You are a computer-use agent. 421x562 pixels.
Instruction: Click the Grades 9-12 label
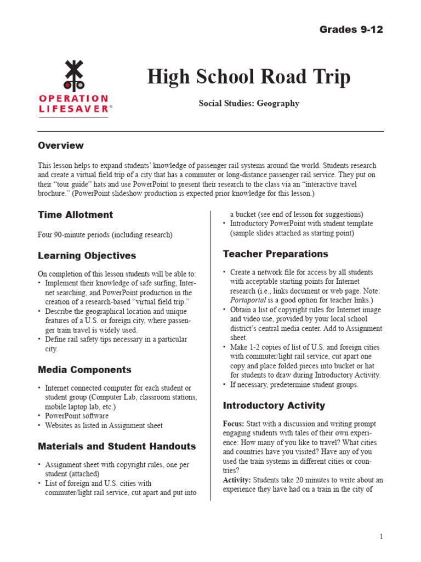click(x=351, y=30)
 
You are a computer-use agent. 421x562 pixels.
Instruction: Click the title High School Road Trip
click(x=248, y=77)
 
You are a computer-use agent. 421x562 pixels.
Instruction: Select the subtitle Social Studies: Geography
click(x=248, y=103)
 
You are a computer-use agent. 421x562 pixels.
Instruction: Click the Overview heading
click(x=61, y=145)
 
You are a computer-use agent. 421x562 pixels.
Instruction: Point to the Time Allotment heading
click(x=75, y=215)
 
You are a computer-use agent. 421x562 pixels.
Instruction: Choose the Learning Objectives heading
click(x=87, y=256)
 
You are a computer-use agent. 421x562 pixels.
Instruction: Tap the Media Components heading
click(x=84, y=370)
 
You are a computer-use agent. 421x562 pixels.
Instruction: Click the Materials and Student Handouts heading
click(x=117, y=446)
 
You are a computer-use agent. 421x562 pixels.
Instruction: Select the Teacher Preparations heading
click(x=275, y=254)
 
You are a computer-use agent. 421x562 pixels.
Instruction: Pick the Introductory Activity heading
click(x=274, y=406)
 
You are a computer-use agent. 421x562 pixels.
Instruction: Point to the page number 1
click(x=381, y=536)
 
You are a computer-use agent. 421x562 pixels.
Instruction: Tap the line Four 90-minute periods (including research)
click(x=105, y=235)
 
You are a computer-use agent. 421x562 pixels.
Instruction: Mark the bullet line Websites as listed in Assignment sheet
click(x=104, y=425)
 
